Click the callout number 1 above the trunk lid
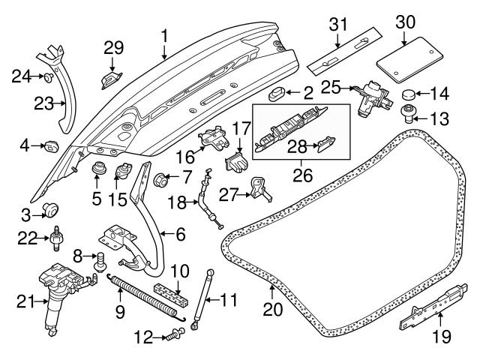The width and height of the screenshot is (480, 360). click(164, 34)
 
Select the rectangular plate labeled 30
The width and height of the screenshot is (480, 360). click(406, 62)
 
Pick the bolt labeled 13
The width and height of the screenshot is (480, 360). click(409, 114)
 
